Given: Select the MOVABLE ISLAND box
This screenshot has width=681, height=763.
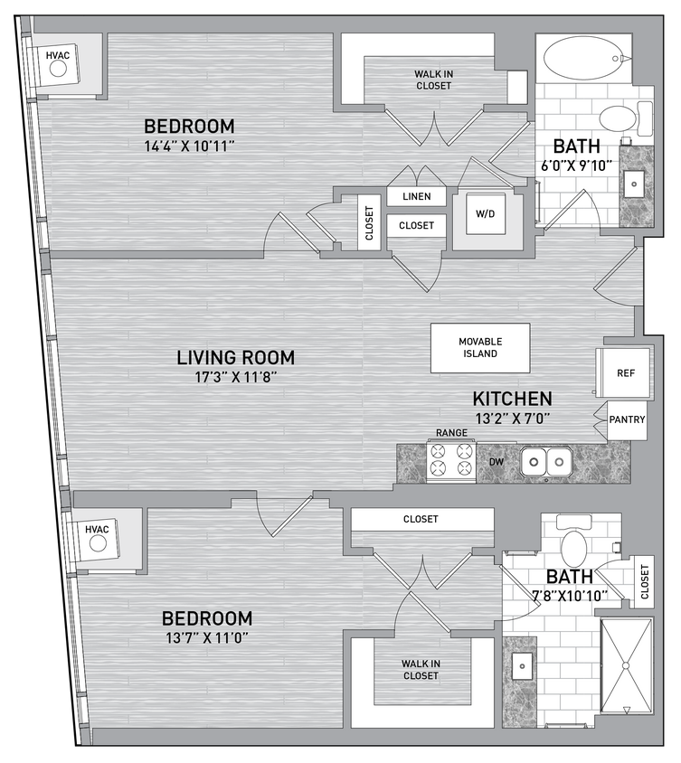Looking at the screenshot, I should [x=479, y=347].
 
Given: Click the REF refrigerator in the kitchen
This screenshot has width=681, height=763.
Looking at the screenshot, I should [x=625, y=372].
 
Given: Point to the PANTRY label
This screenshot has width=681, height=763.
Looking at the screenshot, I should [x=626, y=420].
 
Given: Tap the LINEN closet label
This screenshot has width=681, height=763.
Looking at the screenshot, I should [x=416, y=196].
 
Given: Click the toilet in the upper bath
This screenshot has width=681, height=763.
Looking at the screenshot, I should [x=620, y=118].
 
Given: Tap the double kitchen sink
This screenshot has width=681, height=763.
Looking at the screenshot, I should [x=547, y=463].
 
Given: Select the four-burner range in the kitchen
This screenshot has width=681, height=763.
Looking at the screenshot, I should [x=451, y=458].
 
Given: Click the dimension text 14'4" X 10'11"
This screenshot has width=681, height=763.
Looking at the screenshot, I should [x=189, y=146].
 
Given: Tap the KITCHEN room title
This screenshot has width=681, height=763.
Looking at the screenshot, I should [x=512, y=399].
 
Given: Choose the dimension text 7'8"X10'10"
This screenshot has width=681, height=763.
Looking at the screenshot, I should [x=569, y=596].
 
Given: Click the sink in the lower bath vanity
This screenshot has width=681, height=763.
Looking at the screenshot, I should [x=522, y=667].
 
